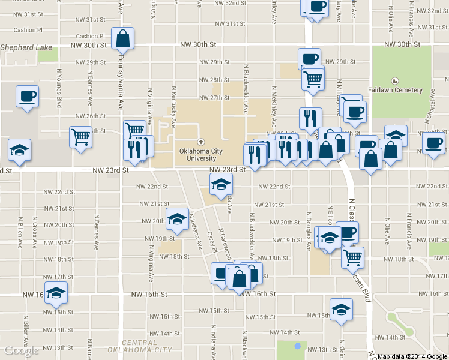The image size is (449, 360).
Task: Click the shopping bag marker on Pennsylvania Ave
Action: point(122,39)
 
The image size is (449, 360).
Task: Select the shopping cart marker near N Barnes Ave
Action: point(80,137)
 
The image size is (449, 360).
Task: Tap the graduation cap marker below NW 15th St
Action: point(341,310)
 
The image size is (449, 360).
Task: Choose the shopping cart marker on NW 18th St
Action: point(352,257)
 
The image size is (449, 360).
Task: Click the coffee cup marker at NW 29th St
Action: point(309,59)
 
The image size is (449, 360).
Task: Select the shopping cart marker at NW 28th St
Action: point(313,78)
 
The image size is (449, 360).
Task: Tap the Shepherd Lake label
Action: point(26,47)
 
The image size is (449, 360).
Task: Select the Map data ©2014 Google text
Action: point(412,356)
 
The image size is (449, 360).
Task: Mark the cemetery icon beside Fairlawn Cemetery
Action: point(395,81)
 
